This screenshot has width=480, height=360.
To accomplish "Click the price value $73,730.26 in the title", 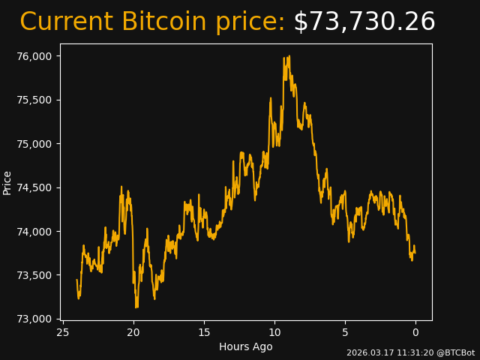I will (364, 22).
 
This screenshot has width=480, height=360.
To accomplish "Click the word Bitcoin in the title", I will (163, 22).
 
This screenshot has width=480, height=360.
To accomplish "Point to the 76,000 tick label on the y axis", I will (34, 56).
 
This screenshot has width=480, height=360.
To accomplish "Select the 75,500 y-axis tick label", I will (34, 100).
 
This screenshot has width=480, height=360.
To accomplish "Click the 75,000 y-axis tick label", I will (34, 144).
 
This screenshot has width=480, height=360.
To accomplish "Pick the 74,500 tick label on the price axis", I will (34, 187).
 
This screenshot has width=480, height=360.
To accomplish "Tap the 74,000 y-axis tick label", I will (34, 231).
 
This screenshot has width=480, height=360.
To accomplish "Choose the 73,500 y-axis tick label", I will (34, 275).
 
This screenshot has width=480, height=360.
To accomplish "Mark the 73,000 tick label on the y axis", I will (34, 319).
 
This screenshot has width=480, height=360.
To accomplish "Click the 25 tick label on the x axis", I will (62, 332).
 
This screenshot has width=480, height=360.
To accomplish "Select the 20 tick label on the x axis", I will (133, 332).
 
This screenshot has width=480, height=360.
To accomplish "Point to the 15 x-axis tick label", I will (204, 332).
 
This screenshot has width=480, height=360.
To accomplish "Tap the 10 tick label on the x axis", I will (274, 332).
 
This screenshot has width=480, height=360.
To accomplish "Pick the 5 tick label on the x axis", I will (345, 332).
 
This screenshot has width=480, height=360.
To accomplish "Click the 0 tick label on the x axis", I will (415, 332).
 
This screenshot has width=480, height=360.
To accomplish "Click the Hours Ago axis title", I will (245, 346).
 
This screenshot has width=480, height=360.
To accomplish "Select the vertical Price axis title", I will (7, 182).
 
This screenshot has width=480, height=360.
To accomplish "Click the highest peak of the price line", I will (289, 56).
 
